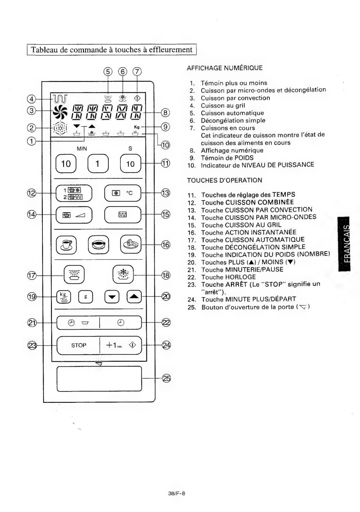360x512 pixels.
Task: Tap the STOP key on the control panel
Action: point(78,345)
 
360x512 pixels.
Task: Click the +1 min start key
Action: point(121,345)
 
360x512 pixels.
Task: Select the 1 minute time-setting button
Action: point(98,163)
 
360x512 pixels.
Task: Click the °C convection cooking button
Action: point(123,193)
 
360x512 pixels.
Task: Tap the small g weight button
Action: point(86,297)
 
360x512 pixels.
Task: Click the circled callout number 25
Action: point(166,379)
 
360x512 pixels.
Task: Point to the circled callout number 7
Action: point(137,72)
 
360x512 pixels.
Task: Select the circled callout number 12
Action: point(32,193)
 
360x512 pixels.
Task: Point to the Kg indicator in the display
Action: point(137,127)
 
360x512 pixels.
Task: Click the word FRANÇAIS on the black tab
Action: point(347,244)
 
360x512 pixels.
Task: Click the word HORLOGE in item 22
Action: point(241,277)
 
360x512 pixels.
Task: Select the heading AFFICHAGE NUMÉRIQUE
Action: point(225,68)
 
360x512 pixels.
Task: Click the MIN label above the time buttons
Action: point(82,149)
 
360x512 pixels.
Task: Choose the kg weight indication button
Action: point(64,297)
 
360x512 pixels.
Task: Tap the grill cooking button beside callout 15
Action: point(123,215)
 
